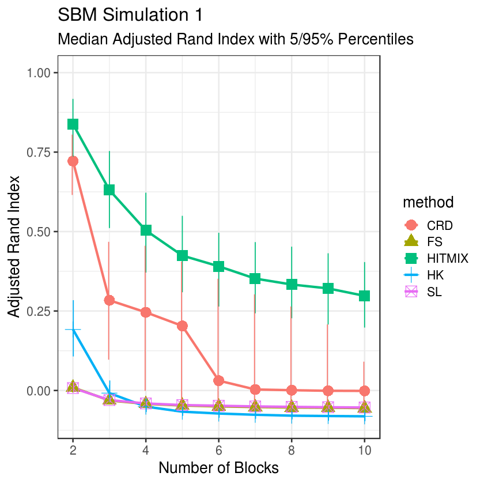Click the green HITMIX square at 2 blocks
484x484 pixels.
pyautogui.click(x=73, y=124)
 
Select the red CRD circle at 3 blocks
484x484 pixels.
pyautogui.click(x=109, y=300)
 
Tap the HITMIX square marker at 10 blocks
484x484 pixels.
pyautogui.click(x=364, y=296)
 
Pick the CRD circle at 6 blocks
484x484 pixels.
pyautogui.click(x=218, y=381)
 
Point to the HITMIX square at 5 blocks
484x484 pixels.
pyautogui.click(x=182, y=255)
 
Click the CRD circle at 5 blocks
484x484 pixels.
pyautogui.click(x=182, y=326)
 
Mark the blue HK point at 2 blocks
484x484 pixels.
pyautogui.click(x=73, y=330)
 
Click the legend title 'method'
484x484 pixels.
pyautogui.click(x=428, y=202)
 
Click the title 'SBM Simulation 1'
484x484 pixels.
pyautogui.click(x=131, y=15)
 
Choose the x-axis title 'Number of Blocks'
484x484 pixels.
pyautogui.click(x=218, y=468)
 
